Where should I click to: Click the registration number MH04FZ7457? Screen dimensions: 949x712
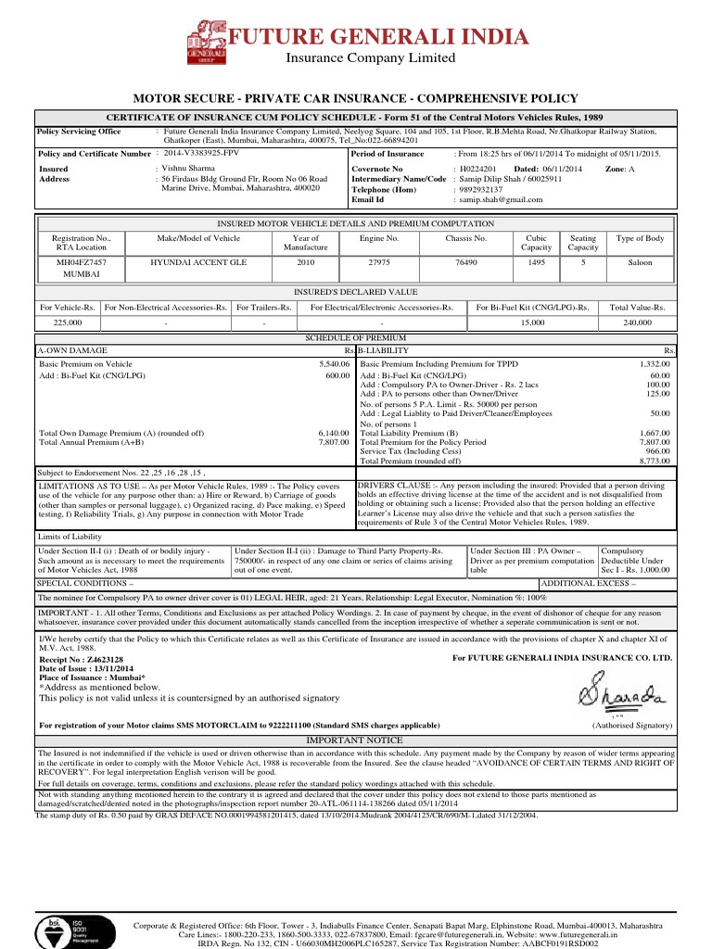pos(82,263)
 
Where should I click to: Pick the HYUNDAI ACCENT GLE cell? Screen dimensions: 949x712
pos(198,263)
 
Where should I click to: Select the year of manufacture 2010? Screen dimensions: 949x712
pos(305,263)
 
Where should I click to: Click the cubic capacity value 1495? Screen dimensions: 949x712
pos(536,263)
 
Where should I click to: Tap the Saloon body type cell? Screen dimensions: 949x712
pos(640,263)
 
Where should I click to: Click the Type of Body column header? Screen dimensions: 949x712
pos(640,239)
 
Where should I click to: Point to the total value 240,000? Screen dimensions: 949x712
pos(637,323)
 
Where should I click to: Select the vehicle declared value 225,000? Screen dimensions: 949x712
pos(68,323)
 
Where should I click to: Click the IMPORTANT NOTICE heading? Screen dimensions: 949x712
pos(355,740)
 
